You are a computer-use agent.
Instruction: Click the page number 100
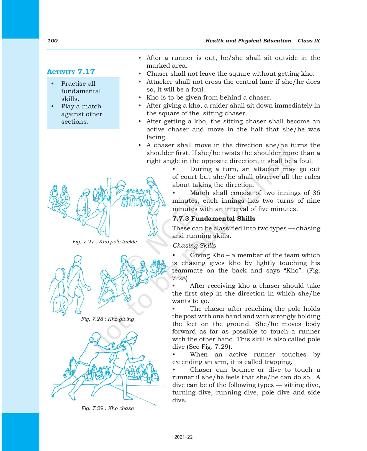(x=52, y=41)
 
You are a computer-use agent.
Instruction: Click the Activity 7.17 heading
(x=71, y=72)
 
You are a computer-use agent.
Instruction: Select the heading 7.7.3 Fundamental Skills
(x=214, y=218)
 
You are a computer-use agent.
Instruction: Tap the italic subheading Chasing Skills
(x=194, y=245)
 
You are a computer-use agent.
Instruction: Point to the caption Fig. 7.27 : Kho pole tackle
(x=104, y=242)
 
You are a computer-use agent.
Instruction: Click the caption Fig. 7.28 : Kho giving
(x=107, y=319)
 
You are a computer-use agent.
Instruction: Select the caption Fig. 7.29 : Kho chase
(x=107, y=408)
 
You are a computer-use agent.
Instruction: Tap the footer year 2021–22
(x=183, y=437)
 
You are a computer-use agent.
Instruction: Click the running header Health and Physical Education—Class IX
(x=262, y=41)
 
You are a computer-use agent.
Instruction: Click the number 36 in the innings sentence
(x=316, y=193)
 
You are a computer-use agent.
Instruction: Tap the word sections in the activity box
(x=74, y=121)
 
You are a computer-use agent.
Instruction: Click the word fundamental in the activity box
(x=81, y=91)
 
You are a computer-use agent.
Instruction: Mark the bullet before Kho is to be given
(x=140, y=98)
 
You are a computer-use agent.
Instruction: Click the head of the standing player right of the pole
(x=150, y=182)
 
